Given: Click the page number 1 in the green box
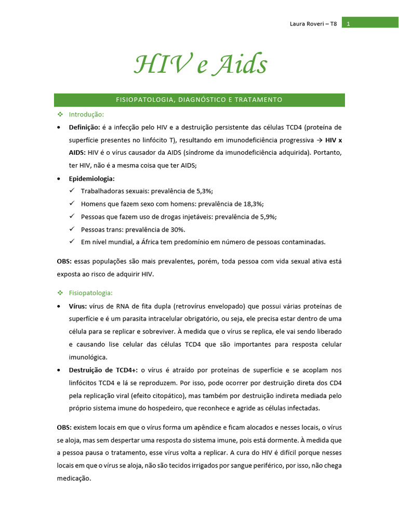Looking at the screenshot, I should pos(348,24).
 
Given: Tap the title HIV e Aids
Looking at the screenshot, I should pos(200,65).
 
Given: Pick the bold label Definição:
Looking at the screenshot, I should pos(84,127).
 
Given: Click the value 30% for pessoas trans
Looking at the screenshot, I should pos(177,229).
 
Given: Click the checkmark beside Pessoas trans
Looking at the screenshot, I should pos(72,229).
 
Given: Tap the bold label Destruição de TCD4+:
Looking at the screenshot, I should pos(103,370).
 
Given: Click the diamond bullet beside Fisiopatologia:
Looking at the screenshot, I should pos(60,292).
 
